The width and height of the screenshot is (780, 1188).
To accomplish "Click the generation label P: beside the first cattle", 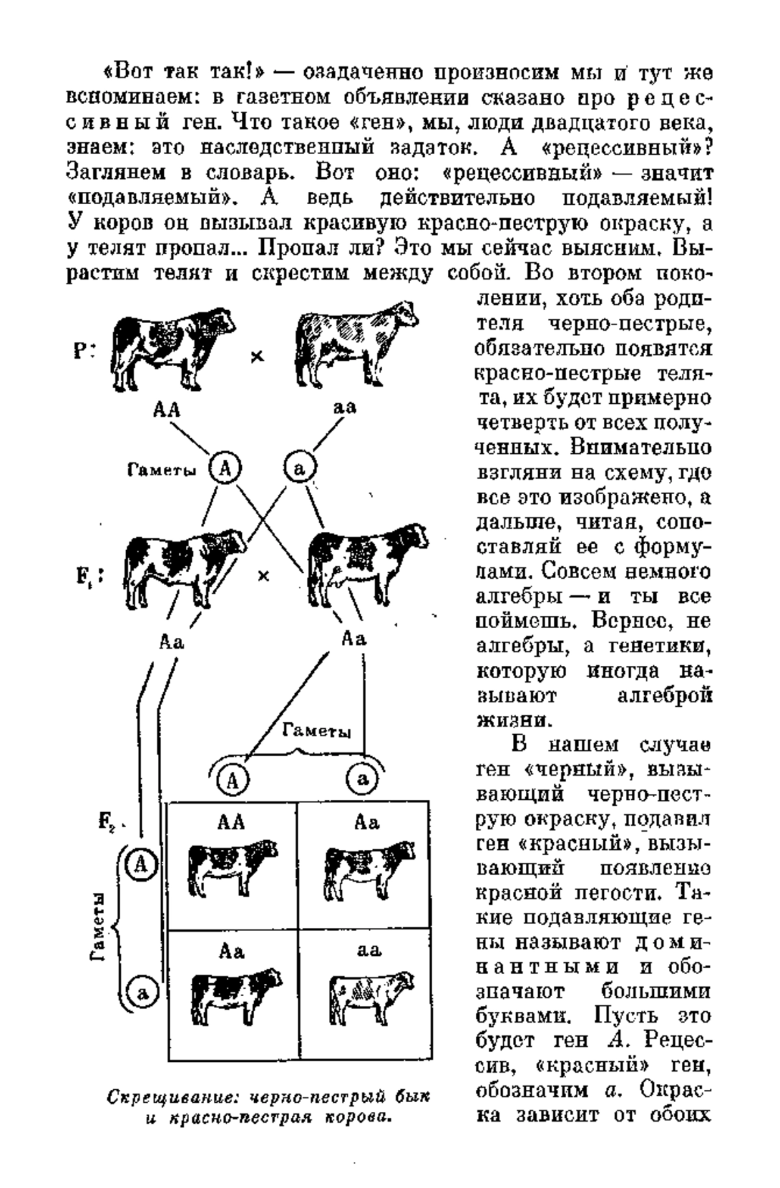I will point(84,352).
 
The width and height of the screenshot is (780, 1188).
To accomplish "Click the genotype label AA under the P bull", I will point(167,410).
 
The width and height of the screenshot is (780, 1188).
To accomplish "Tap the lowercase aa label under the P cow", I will point(344,408).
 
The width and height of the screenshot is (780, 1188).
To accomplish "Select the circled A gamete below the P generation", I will point(225,468).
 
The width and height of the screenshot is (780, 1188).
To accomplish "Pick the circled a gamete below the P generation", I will point(300,468).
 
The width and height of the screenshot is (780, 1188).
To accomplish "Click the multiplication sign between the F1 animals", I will point(263,575).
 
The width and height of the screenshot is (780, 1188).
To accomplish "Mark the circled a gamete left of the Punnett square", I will point(142,992).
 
